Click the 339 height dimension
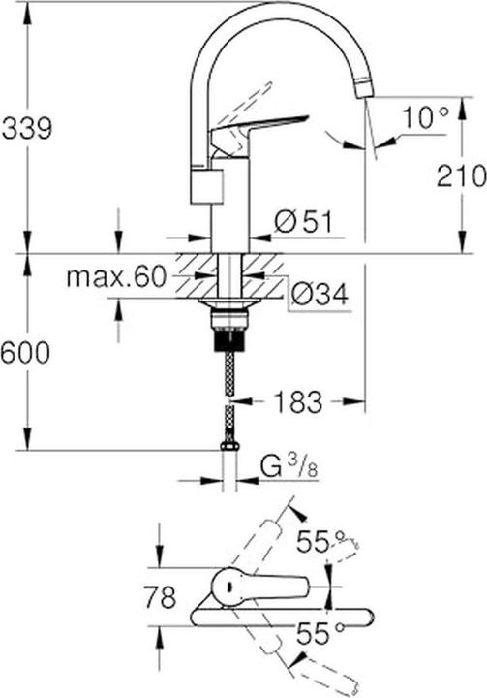coord(27,129)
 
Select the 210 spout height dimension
coord(461,176)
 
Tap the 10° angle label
coord(426,117)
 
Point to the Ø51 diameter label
coord(303,222)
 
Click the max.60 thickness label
coord(116,277)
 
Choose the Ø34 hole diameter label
coord(319,294)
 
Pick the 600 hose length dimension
coord(25,354)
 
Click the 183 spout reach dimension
coord(297,401)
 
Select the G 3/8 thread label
coord(289,467)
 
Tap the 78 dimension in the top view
coord(160,597)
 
